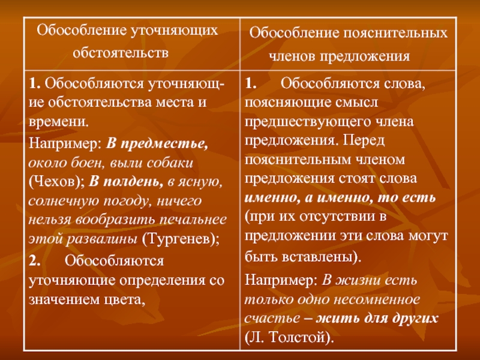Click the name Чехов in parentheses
(x=54, y=182)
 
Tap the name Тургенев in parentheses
(x=178, y=239)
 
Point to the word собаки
(x=170, y=163)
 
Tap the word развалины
(x=102, y=239)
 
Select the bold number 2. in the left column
(x=35, y=261)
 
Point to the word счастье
(x=272, y=319)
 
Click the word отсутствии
(x=338, y=217)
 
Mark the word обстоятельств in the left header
(x=121, y=53)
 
